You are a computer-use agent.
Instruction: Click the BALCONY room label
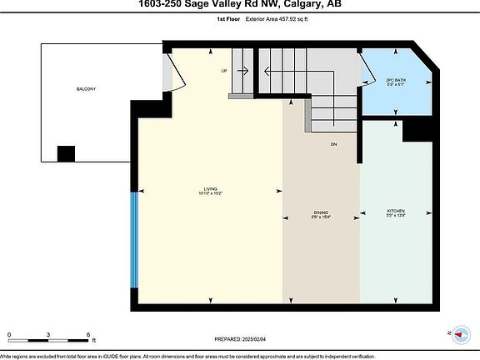[x=85, y=89]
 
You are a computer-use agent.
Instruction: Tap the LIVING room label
[x=210, y=188]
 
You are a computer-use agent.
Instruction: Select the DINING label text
[x=320, y=212]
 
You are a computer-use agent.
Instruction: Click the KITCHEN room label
[x=396, y=212]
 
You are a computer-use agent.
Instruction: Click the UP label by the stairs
[x=224, y=71]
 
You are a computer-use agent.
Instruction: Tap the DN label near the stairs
[x=332, y=145]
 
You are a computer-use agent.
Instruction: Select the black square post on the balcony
[x=65, y=154]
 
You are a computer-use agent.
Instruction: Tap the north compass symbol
[x=457, y=332]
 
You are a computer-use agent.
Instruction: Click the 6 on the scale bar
[x=88, y=335]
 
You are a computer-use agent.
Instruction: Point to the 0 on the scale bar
[x=9, y=335]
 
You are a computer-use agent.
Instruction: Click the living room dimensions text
[x=210, y=193]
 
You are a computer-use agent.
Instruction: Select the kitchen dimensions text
[x=396, y=217]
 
